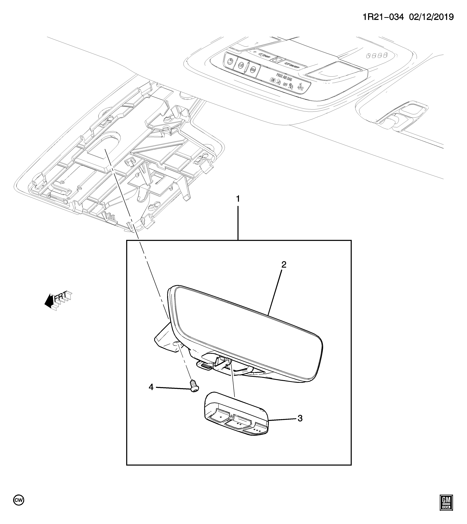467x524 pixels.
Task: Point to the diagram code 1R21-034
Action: [383, 17]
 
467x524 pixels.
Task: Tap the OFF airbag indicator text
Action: [285, 84]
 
